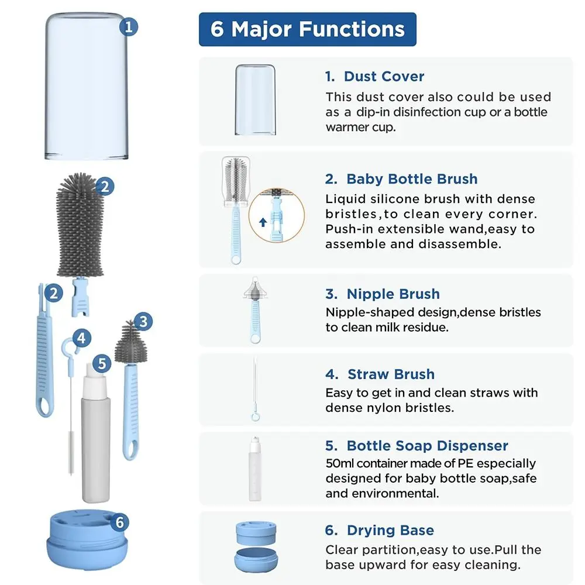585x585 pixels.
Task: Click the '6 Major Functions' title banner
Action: (x=308, y=29)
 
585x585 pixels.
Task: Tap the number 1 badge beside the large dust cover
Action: (x=129, y=27)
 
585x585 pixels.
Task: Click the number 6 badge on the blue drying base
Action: (x=120, y=522)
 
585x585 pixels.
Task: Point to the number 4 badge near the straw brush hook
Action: (x=82, y=338)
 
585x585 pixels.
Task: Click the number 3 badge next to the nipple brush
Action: (x=143, y=321)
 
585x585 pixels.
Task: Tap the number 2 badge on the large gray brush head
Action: (x=104, y=187)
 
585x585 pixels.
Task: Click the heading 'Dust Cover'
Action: (x=384, y=77)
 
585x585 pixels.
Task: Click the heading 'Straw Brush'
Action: (x=391, y=374)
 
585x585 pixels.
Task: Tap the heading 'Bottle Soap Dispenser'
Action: (x=427, y=446)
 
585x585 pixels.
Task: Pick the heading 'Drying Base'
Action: (x=390, y=531)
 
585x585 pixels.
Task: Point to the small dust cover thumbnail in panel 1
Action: (x=255, y=99)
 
